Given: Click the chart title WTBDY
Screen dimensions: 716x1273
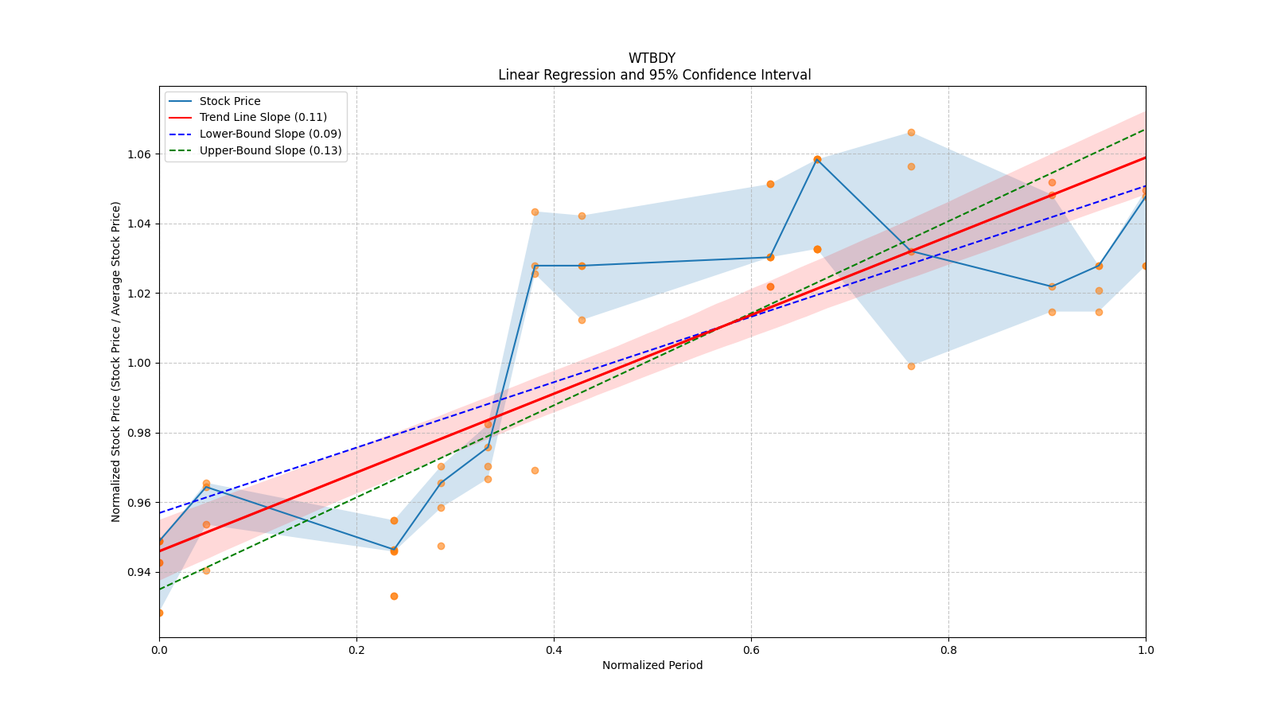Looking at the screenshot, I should pyautogui.click(x=652, y=58).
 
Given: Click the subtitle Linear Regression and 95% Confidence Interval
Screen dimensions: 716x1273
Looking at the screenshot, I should pyautogui.click(x=654, y=75).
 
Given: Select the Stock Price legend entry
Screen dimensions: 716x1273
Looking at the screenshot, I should pyautogui.click(x=230, y=101).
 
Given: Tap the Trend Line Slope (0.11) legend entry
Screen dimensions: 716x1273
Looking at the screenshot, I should pyautogui.click(x=263, y=118).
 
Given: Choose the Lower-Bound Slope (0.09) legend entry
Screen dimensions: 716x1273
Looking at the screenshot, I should pyautogui.click(x=270, y=134).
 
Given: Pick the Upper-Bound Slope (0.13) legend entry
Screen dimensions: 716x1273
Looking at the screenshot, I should pyautogui.click(x=270, y=150).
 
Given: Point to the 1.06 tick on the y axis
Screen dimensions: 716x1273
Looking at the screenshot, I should pyautogui.click(x=140, y=154).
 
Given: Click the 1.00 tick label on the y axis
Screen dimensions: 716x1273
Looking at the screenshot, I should pyautogui.click(x=140, y=364).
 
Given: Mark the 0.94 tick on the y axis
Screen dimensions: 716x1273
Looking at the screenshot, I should pyautogui.click(x=140, y=572).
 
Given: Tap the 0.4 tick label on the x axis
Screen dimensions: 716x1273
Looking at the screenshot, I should pyautogui.click(x=554, y=650).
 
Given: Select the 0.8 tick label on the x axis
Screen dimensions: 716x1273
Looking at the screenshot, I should pyautogui.click(x=948, y=650).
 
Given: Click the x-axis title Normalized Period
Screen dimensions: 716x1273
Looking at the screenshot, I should pyautogui.click(x=652, y=665).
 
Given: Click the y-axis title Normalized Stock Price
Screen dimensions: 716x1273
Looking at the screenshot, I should pyautogui.click(x=116, y=362).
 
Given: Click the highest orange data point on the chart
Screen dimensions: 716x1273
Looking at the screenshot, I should pyautogui.click(x=911, y=132).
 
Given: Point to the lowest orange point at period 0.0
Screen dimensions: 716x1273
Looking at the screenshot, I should pyautogui.click(x=159, y=613).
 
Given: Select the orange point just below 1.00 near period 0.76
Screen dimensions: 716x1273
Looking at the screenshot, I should pyautogui.click(x=911, y=366).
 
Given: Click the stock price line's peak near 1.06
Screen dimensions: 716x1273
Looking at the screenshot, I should pyautogui.click(x=817, y=159).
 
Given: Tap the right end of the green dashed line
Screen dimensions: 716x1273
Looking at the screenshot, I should pyautogui.click(x=1145, y=130).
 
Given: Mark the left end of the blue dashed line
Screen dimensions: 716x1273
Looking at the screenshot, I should pyautogui.click(x=160, y=512).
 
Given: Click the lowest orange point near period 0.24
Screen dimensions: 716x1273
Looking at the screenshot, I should pyautogui.click(x=394, y=596).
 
